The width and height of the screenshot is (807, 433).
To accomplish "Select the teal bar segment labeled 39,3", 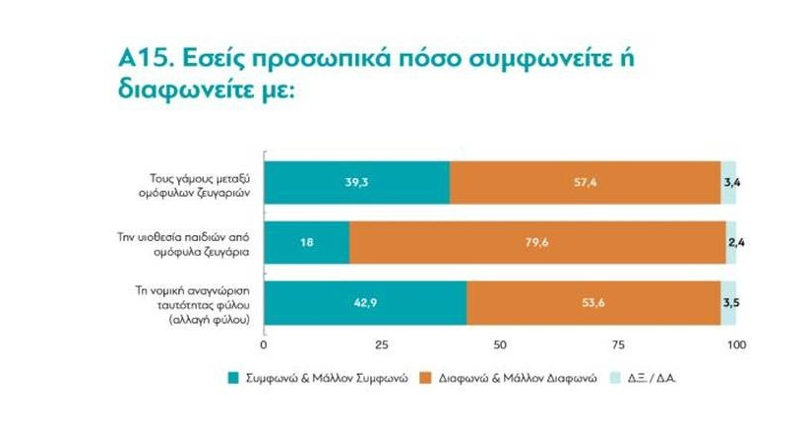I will [356, 183].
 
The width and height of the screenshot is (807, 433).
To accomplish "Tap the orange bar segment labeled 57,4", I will [585, 183].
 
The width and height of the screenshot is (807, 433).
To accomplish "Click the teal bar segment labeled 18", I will [306, 242].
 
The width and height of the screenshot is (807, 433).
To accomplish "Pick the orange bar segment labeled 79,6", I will [537, 242].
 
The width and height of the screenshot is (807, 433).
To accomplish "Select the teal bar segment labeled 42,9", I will [365, 302].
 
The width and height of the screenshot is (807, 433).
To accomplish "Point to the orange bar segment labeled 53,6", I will [593, 302].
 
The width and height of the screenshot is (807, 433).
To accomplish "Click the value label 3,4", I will [732, 183].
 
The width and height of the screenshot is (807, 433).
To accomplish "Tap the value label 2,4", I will [733, 242].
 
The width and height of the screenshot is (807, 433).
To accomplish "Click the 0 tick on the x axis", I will [264, 344].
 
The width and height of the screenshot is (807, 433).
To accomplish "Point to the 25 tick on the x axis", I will [382, 344].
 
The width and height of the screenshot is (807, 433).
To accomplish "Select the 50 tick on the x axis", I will [500, 344].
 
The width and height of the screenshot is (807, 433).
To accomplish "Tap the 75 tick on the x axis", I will [618, 344].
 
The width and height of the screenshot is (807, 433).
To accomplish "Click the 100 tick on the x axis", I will [736, 344].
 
